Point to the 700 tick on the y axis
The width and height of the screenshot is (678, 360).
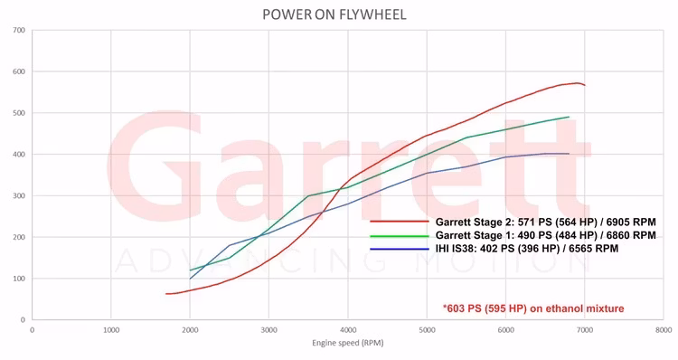point(19,31)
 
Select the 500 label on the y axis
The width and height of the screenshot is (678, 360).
point(19,113)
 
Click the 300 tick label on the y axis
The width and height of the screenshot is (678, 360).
point(19,195)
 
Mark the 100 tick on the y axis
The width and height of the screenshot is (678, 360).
point(19,279)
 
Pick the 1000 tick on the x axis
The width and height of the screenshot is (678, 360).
point(111,330)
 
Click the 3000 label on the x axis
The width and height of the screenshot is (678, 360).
point(268,330)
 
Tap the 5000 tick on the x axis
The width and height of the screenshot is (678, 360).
point(427,330)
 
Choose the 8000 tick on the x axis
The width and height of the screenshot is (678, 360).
point(664,330)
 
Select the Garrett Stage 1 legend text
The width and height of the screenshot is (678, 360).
point(545,235)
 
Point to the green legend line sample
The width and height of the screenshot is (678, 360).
point(399,235)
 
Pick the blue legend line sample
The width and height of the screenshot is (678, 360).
point(399,248)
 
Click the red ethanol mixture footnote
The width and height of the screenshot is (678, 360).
point(533,308)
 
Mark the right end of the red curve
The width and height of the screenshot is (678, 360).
point(585,85)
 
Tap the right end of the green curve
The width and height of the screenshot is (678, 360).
point(569,117)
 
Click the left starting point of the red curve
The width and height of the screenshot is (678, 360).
point(166,294)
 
